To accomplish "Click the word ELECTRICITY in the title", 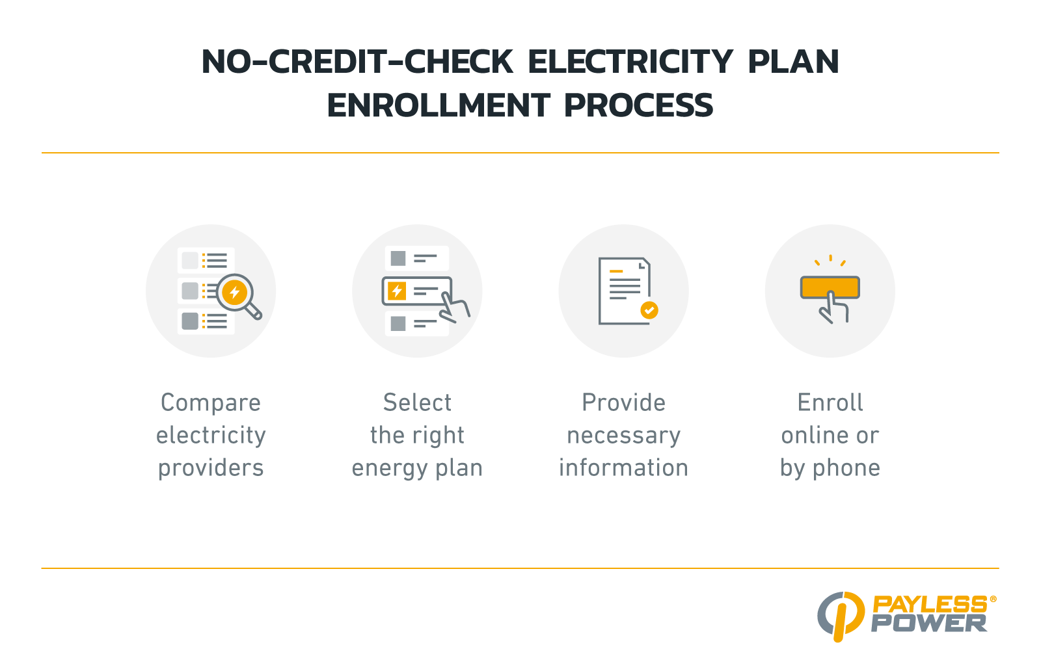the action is tap(630, 62).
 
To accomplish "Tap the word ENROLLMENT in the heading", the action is tap(439, 105).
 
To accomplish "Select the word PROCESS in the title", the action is tap(638, 105).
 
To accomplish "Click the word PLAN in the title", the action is tap(793, 62).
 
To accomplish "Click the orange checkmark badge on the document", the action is tap(649, 310).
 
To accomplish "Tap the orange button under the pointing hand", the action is tap(830, 287).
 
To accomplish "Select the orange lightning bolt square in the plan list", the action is tap(397, 291).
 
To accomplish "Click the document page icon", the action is tap(624, 291).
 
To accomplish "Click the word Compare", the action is tap(211, 403).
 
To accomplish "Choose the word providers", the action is tap(211, 468).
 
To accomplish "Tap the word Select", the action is tap(417, 403).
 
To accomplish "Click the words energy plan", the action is tap(417, 468).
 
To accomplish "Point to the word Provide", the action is tap(624, 403).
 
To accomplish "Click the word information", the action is tap(624, 468).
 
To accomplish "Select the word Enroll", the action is tap(830, 403).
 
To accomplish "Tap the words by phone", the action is tap(830, 468).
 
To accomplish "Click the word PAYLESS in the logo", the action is tap(930, 605).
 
